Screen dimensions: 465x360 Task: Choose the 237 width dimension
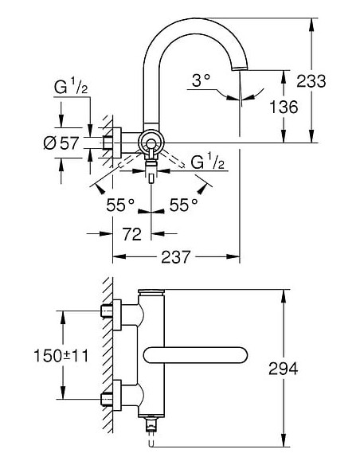click(175, 257)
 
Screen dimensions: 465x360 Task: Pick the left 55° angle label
click(121, 205)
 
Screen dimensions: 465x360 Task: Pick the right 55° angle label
click(183, 205)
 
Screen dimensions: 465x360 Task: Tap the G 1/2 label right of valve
click(207, 162)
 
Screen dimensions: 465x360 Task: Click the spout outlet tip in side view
click(238, 71)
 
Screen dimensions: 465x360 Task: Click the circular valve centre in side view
click(149, 143)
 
